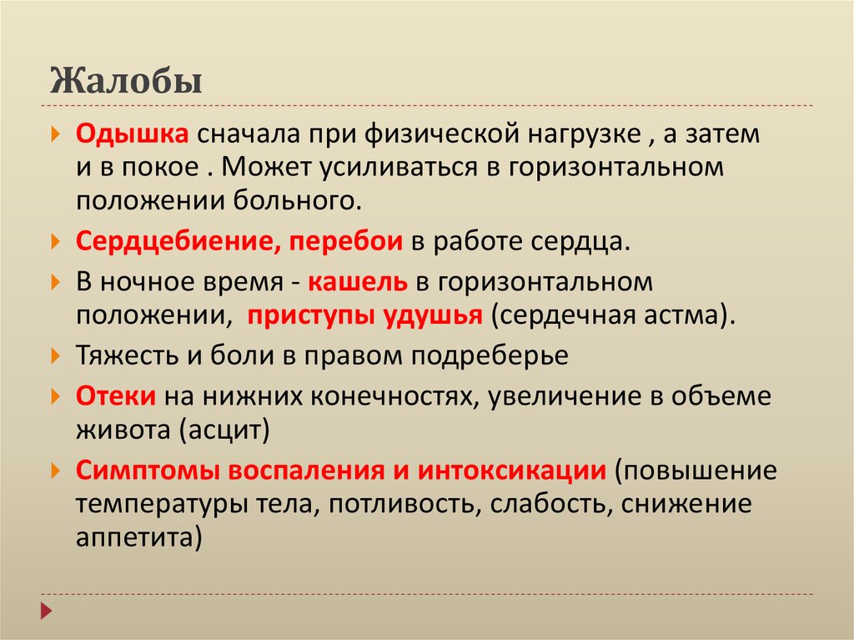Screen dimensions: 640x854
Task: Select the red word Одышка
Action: click(x=133, y=135)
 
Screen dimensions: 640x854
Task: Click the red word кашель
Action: click(x=357, y=282)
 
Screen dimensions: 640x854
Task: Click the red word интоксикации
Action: click(x=512, y=471)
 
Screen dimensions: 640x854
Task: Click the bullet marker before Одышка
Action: click(x=55, y=134)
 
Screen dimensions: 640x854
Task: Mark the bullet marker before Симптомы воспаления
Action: click(x=55, y=470)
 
